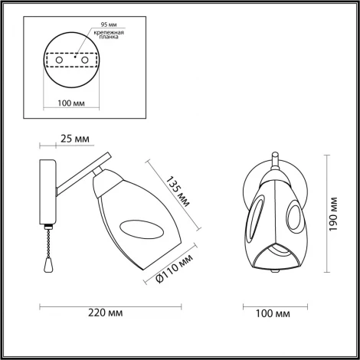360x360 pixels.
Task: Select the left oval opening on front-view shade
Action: point(257,222)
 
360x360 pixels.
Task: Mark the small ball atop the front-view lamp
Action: point(273,158)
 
